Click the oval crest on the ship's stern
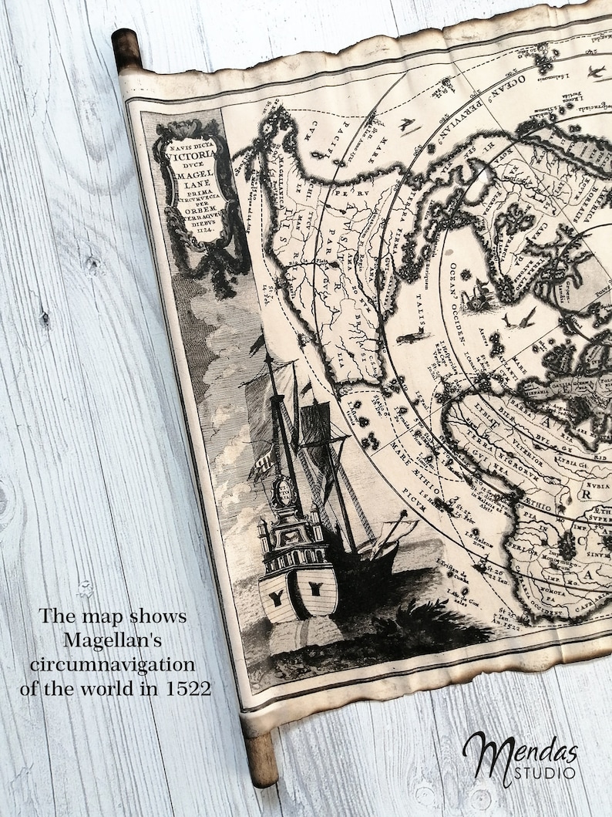coord(284,491)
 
